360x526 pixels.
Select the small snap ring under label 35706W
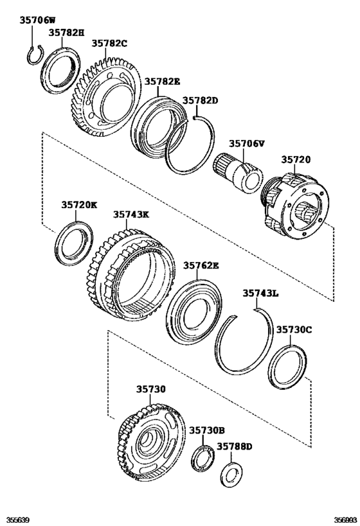click(35, 55)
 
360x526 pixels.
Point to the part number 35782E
click(162, 82)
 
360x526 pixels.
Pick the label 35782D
click(200, 101)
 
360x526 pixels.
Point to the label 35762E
click(201, 265)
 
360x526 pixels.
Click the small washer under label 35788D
click(230, 474)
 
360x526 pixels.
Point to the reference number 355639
click(19, 520)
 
